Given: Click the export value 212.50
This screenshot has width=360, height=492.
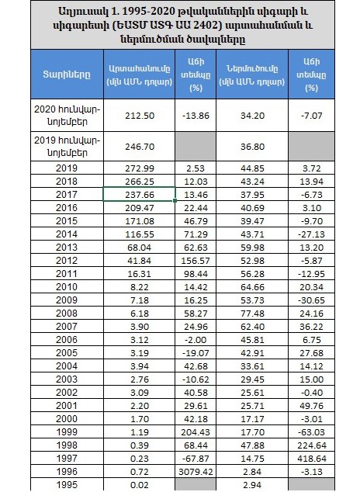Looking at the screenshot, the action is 140,116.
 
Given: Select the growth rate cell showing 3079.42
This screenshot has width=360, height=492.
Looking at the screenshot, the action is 196,472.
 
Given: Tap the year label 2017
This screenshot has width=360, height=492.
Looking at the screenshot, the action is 67,195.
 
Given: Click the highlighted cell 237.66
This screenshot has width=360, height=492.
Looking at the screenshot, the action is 140,195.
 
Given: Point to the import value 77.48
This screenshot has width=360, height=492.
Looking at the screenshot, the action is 252,314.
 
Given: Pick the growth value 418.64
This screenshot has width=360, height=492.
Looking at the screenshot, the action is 311,459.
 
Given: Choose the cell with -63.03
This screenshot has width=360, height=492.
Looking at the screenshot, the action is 311,432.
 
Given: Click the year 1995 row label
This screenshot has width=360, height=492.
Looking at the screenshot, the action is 67,485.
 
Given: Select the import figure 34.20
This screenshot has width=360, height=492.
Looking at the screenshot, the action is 252,116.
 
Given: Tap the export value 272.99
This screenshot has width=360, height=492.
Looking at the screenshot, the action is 140,168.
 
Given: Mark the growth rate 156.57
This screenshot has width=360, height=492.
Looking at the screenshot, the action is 196,261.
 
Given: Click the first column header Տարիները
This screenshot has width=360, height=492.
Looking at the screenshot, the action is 67,74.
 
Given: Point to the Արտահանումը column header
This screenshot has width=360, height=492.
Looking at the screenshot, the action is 140,75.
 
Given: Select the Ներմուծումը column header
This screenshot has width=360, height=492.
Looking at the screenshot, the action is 252,75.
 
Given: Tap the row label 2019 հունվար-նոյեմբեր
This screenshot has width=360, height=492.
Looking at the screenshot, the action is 67,147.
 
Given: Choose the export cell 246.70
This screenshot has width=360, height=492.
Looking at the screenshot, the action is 140,147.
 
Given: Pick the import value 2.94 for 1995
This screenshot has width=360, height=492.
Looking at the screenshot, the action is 252,485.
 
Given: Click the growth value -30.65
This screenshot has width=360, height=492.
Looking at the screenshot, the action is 311,300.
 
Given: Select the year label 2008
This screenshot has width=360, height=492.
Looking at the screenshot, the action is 67,314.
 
